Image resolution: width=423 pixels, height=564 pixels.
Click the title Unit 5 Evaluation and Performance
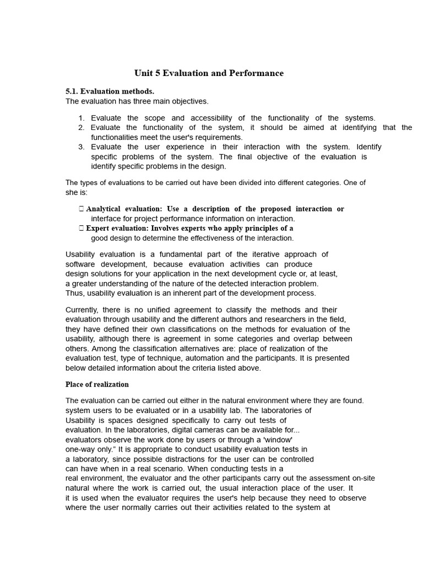(209, 73)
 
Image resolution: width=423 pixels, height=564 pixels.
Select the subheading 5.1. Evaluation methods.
(110, 91)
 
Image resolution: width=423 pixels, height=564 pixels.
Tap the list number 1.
(81, 118)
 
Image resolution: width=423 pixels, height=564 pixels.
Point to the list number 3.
(81, 147)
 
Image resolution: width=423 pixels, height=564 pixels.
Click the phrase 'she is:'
(77, 192)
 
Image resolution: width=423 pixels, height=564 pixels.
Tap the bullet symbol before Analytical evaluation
(81, 209)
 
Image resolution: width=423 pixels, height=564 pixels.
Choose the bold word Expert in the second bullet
(97, 228)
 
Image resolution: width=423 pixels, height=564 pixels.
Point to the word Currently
(82, 310)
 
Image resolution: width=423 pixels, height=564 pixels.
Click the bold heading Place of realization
(97, 384)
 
